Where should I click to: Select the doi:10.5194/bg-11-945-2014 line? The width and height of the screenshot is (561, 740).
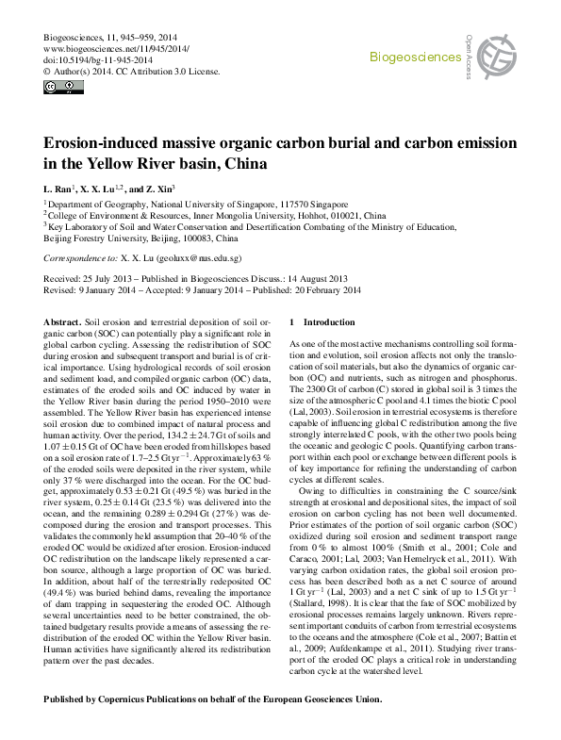[85, 58]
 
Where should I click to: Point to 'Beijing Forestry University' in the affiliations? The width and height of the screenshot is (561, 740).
[96, 238]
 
